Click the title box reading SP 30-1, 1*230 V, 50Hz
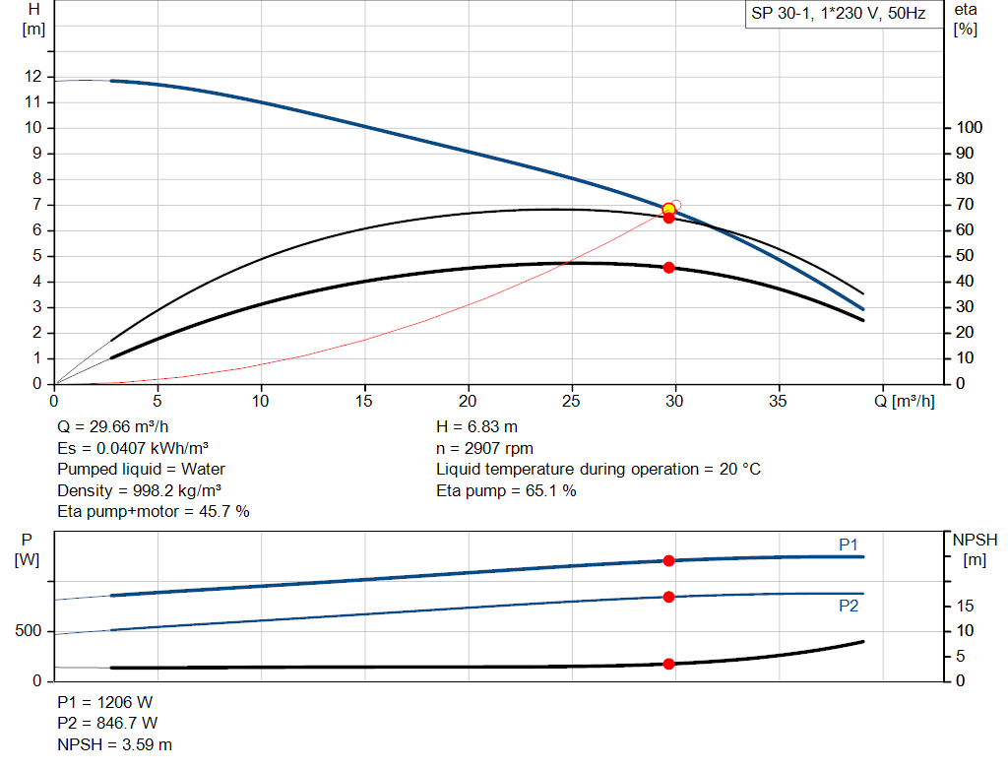coord(838,15)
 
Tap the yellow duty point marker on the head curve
coord(668,209)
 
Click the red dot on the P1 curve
coord(668,560)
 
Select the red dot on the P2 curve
coord(668,597)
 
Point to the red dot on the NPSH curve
coord(668,664)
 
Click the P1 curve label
coord(849,544)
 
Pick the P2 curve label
coord(849,606)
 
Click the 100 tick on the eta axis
coord(970,128)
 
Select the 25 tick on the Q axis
coord(572,401)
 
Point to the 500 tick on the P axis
coord(27,630)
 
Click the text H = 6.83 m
coord(476,427)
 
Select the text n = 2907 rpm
coord(485,448)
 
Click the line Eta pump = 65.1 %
coord(506,489)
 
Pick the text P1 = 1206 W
coord(105,703)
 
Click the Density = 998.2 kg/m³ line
coord(139,489)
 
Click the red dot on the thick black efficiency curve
coord(668,268)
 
